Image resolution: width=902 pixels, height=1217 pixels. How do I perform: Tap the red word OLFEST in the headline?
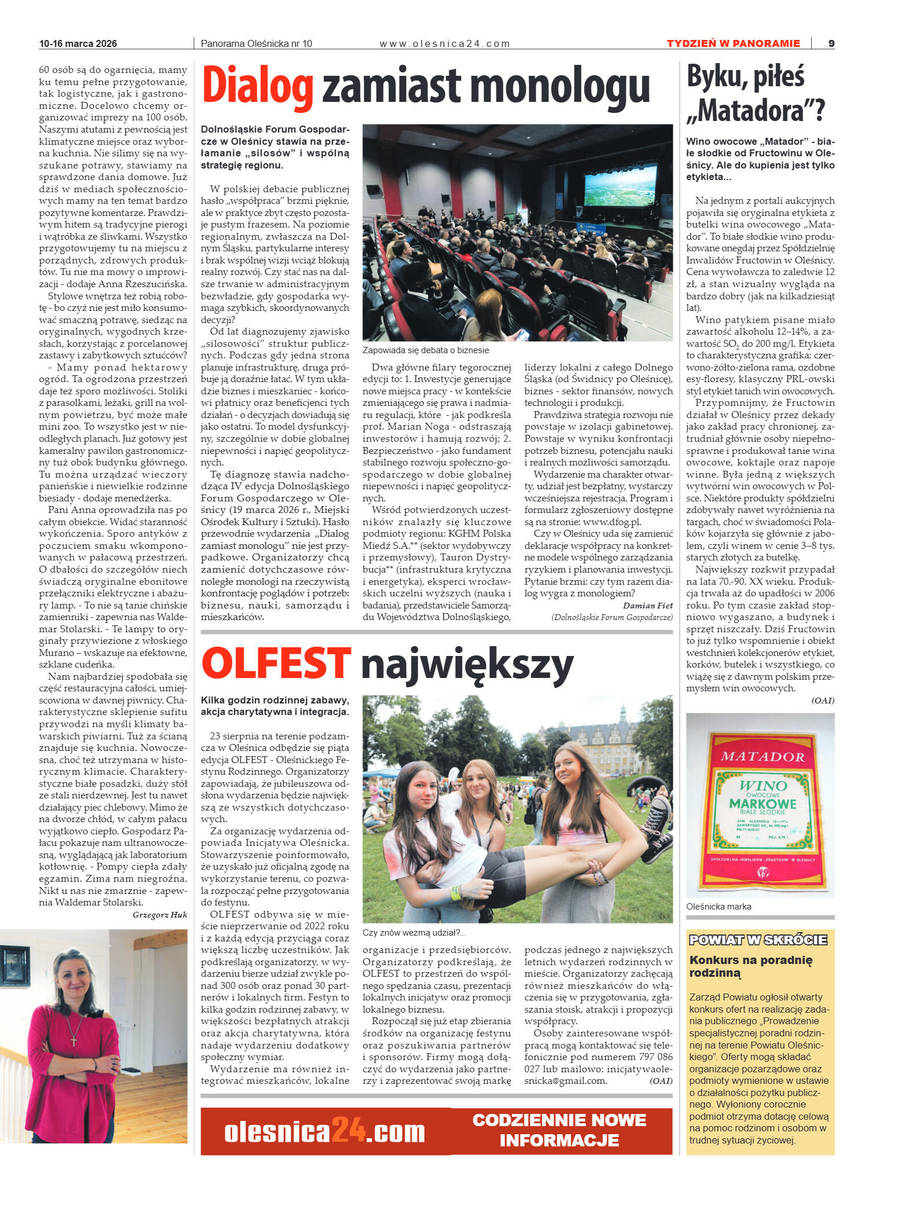click(x=276, y=664)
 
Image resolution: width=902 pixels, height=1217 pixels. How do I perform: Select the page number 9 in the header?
click(x=831, y=43)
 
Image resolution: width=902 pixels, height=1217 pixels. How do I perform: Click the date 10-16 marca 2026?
click(x=78, y=43)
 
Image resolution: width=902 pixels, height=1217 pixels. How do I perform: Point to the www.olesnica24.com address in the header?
click(x=444, y=43)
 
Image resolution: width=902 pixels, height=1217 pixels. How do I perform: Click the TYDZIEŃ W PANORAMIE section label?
click(x=733, y=43)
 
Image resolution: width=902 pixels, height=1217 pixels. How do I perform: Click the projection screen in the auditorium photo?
click(x=620, y=185)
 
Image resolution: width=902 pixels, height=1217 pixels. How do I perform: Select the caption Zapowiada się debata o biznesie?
click(x=426, y=350)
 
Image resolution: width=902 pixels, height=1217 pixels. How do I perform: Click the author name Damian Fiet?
click(x=647, y=606)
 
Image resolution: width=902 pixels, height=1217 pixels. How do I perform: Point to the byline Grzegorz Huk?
click(x=160, y=915)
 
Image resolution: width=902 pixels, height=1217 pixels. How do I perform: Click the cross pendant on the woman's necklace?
click(x=74, y=1039)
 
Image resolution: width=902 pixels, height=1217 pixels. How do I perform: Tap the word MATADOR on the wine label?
click(x=762, y=757)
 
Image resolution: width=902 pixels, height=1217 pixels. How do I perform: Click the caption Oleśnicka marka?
click(x=718, y=907)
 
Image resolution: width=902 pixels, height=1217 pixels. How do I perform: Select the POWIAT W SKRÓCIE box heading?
click(x=758, y=940)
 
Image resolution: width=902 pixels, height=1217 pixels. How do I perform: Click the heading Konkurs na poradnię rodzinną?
click(x=750, y=966)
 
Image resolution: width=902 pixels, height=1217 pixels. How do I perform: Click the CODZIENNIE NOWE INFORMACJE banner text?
click(x=559, y=1130)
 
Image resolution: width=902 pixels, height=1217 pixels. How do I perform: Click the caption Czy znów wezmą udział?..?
click(x=414, y=933)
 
